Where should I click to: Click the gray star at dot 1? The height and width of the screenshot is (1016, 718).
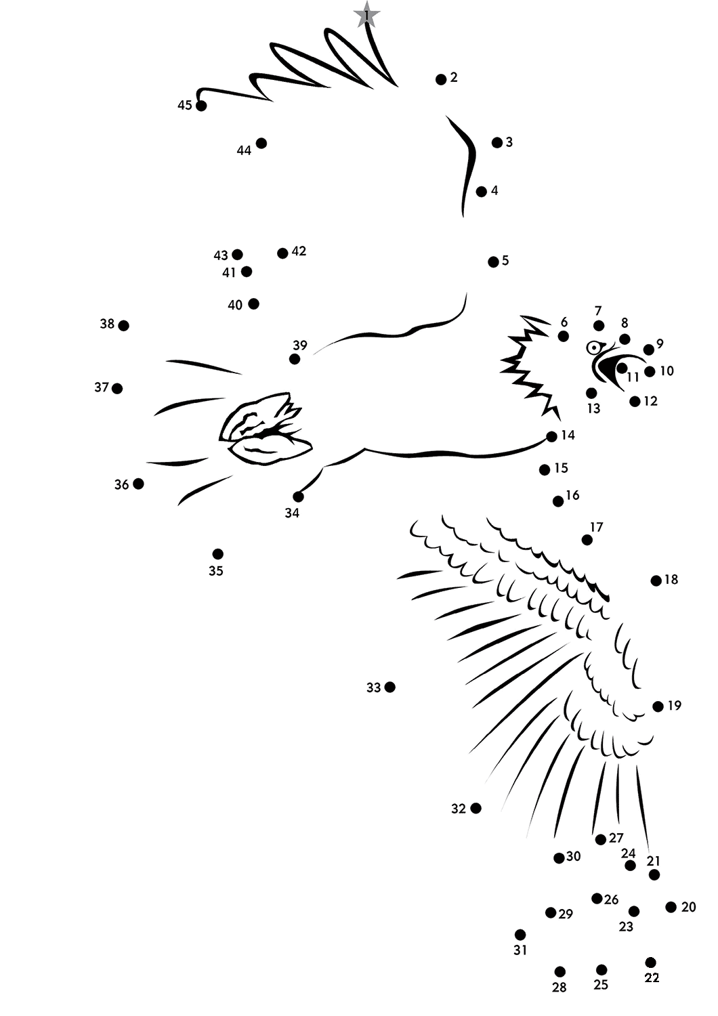pyautogui.click(x=366, y=15)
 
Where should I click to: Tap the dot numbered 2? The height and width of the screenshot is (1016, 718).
pyautogui.click(x=441, y=79)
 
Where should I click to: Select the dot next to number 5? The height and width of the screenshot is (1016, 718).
pyautogui.click(x=493, y=261)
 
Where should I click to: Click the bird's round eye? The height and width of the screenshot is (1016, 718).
pyautogui.click(x=593, y=348)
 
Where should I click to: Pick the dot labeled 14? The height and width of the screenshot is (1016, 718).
pyautogui.click(x=551, y=436)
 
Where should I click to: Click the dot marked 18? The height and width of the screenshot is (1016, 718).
pyautogui.click(x=656, y=580)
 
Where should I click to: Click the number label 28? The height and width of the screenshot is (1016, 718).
pyautogui.click(x=559, y=987)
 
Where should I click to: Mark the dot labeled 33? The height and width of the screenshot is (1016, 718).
pyautogui.click(x=389, y=687)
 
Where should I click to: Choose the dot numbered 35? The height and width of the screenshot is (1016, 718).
pyautogui.click(x=217, y=554)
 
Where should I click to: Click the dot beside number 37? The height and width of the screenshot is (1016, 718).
pyautogui.click(x=117, y=388)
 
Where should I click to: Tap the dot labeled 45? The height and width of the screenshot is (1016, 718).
pyautogui.click(x=201, y=106)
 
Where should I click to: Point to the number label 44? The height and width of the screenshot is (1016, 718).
pyautogui.click(x=244, y=150)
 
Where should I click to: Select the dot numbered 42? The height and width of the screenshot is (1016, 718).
pyautogui.click(x=282, y=253)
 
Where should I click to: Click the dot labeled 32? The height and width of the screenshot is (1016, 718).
pyautogui.click(x=476, y=808)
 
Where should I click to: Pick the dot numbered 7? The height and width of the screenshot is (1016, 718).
pyautogui.click(x=599, y=325)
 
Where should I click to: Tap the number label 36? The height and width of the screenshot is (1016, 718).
pyautogui.click(x=121, y=484)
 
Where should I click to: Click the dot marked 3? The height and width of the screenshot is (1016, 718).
pyautogui.click(x=497, y=142)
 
